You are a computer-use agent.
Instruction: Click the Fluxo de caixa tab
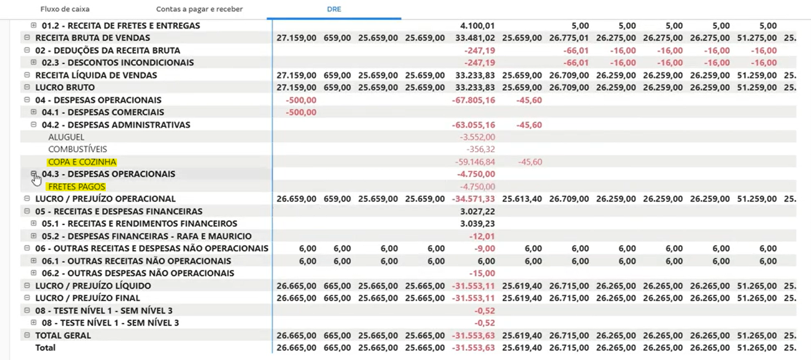coord(65,9)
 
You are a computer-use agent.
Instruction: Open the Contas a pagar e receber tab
coord(199,9)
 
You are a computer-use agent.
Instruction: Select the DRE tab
coord(334,9)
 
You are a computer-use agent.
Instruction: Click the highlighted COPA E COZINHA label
coord(82,162)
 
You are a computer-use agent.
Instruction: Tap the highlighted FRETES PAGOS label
coord(77,187)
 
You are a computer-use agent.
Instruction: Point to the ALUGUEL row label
coord(66,137)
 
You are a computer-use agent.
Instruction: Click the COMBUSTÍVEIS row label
coord(78,149)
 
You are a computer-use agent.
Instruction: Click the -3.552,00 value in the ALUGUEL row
coord(477,137)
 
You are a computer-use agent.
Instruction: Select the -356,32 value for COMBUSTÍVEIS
coord(480,149)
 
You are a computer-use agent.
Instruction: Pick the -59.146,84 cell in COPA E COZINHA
coord(475,162)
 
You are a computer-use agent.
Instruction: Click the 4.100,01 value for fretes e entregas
coord(477,26)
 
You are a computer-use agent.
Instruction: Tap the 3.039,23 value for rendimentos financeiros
coord(477,224)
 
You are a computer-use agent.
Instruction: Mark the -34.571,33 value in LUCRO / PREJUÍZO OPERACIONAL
coord(473,199)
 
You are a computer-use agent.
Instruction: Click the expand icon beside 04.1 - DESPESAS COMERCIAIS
coord(34,112)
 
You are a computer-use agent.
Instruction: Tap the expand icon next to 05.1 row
coord(34,224)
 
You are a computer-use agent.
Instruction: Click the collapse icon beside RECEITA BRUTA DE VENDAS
coord(27,38)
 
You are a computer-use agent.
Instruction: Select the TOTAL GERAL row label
coord(63,335)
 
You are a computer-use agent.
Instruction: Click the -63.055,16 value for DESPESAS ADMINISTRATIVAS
coord(473,125)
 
